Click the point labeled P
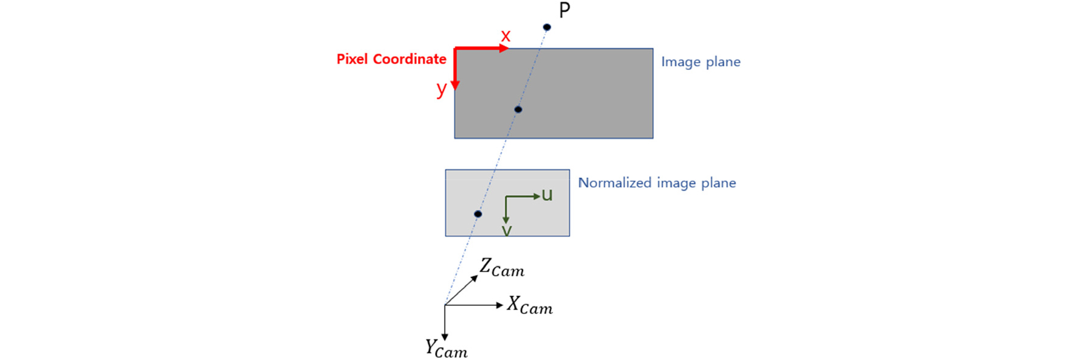(x=547, y=27)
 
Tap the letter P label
(x=565, y=10)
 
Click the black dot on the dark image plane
(x=518, y=109)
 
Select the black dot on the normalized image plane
(x=478, y=214)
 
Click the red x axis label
(x=506, y=36)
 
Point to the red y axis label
(x=442, y=89)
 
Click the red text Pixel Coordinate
(x=391, y=59)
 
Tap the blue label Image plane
(x=701, y=62)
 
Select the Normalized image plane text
(x=657, y=183)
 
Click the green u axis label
(x=547, y=195)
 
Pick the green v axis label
(x=507, y=230)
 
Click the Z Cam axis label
(x=502, y=268)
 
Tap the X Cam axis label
(x=530, y=305)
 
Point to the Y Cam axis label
(x=446, y=348)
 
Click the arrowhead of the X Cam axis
(x=500, y=305)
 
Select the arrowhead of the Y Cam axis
(x=445, y=337)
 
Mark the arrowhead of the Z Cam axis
(x=475, y=278)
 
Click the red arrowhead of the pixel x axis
(x=504, y=49)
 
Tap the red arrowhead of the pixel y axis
(x=455, y=85)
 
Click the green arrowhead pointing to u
(x=537, y=196)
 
